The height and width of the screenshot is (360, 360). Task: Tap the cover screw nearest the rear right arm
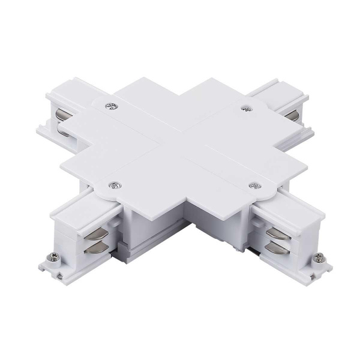pyautogui.click(x=245, y=108)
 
